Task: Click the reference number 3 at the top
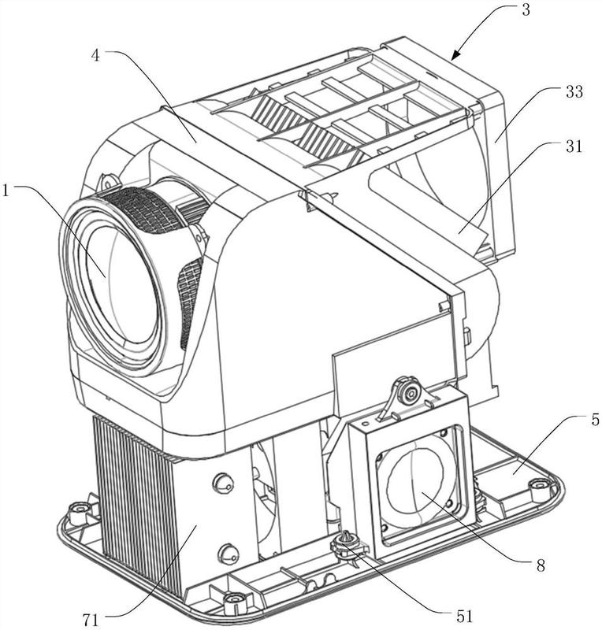coord(526,9)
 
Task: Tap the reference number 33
coord(574,92)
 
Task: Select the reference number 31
coord(574,146)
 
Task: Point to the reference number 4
coord(95,56)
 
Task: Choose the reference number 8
coord(541,565)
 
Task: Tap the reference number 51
coord(464,616)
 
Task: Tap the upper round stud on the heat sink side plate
coord(223,482)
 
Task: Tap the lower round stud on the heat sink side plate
coord(229,554)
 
